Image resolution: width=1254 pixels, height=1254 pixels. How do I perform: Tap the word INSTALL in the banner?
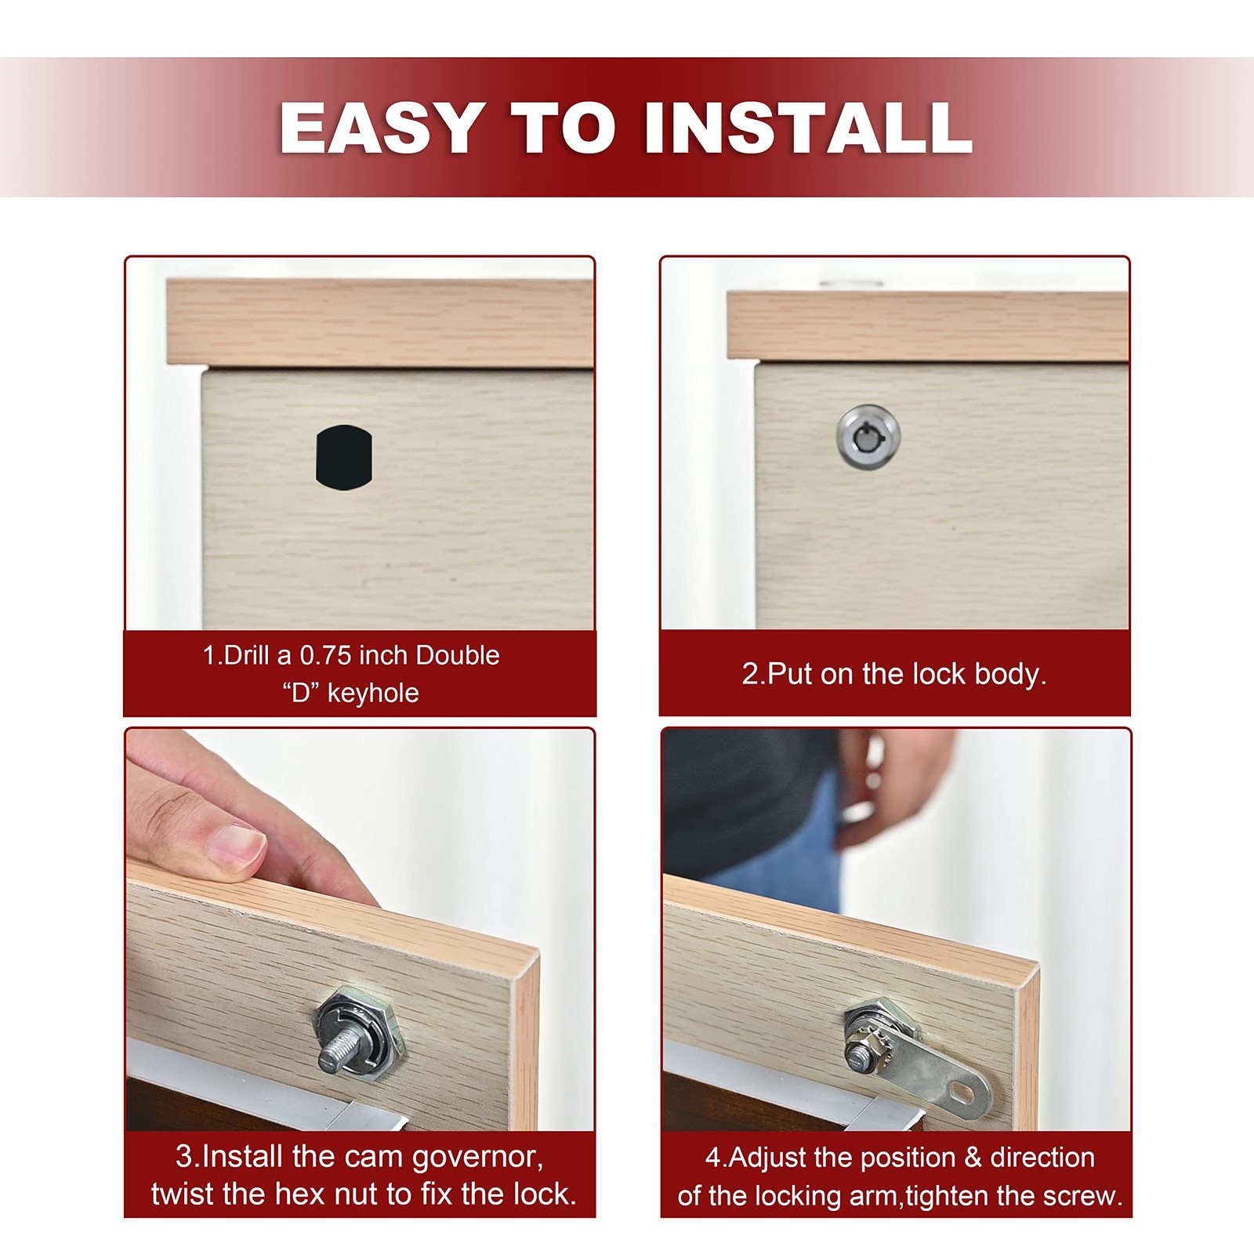[808, 128]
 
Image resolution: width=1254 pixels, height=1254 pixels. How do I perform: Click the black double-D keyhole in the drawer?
[344, 458]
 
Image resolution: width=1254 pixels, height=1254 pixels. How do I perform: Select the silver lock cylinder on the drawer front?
[868, 436]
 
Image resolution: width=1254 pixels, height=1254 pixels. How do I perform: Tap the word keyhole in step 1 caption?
[373, 693]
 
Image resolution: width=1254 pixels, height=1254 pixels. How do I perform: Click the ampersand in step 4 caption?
[973, 1158]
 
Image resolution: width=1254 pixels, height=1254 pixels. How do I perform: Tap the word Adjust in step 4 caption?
[764, 1158]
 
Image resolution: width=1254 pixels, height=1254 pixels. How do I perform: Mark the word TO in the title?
[564, 128]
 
